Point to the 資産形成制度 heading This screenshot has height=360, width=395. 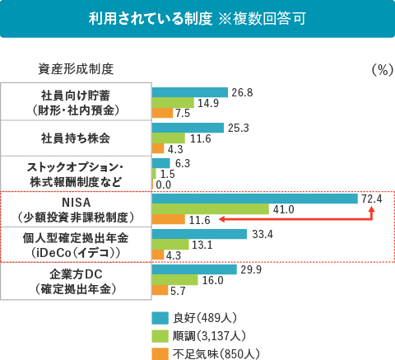(x=76, y=68)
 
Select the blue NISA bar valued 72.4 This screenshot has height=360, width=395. (x=255, y=199)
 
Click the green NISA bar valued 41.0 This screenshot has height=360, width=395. (x=211, y=209)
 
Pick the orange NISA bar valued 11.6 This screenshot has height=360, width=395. (x=169, y=220)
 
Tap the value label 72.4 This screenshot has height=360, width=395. (x=372, y=199)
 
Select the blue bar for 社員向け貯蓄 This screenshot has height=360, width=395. (x=190, y=92)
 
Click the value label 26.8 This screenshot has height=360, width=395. (x=242, y=92)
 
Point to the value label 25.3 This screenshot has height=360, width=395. (x=239, y=128)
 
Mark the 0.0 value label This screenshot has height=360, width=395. (x=164, y=185)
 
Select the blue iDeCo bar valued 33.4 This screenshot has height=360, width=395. (x=200, y=234)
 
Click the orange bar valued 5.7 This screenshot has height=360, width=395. (x=160, y=291)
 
